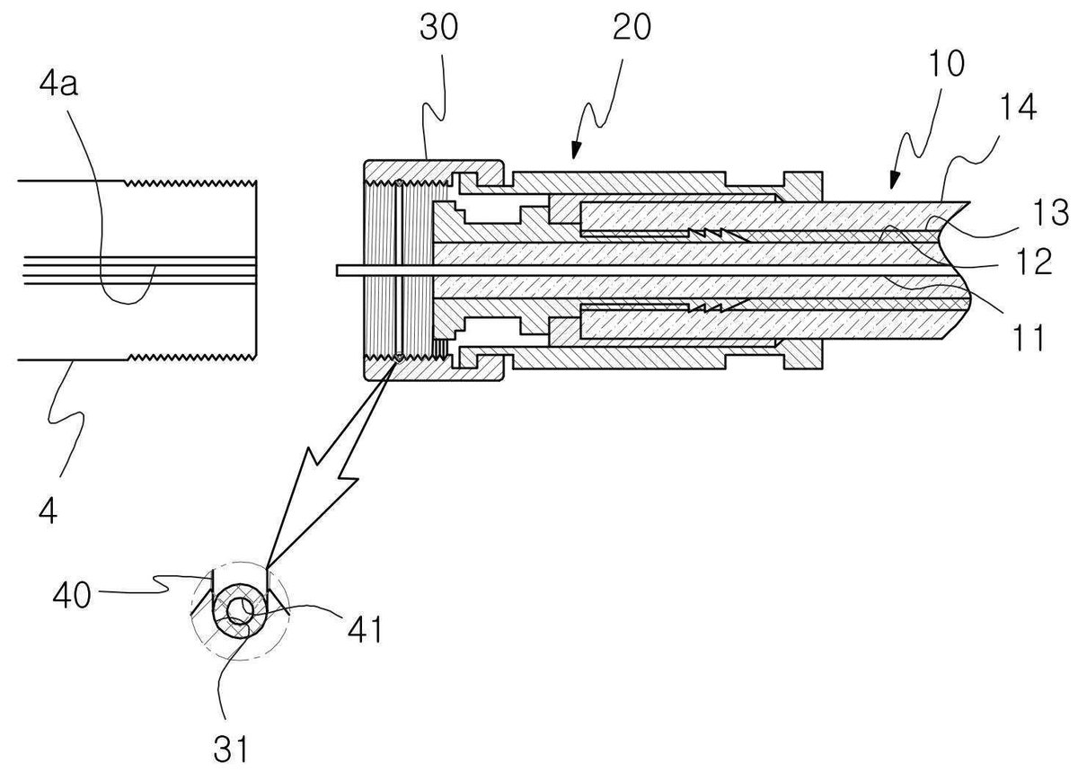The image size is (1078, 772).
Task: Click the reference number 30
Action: pyautogui.click(x=438, y=27)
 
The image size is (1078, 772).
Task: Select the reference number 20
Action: pyautogui.click(x=632, y=27)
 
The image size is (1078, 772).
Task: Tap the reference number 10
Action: pyautogui.click(x=946, y=64)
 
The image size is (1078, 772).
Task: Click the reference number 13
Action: pyautogui.click(x=1050, y=212)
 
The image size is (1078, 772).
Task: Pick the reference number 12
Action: pyautogui.click(x=1034, y=262)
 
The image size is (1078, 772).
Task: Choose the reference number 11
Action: pyautogui.click(x=1029, y=338)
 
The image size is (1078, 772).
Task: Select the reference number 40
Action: pyautogui.click(x=72, y=595)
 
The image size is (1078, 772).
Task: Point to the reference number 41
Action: pyautogui.click(x=365, y=629)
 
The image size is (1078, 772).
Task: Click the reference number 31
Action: pyautogui.click(x=230, y=749)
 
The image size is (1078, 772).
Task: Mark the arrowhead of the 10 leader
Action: pyautogui.click(x=893, y=182)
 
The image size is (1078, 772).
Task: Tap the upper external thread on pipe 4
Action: pyautogui.click(x=190, y=183)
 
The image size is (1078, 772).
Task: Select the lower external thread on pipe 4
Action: pyautogui.click(x=190, y=357)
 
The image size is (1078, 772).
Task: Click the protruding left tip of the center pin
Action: pyautogui.click(x=338, y=271)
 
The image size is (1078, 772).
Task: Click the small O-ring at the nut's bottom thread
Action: pyautogui.click(x=399, y=357)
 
